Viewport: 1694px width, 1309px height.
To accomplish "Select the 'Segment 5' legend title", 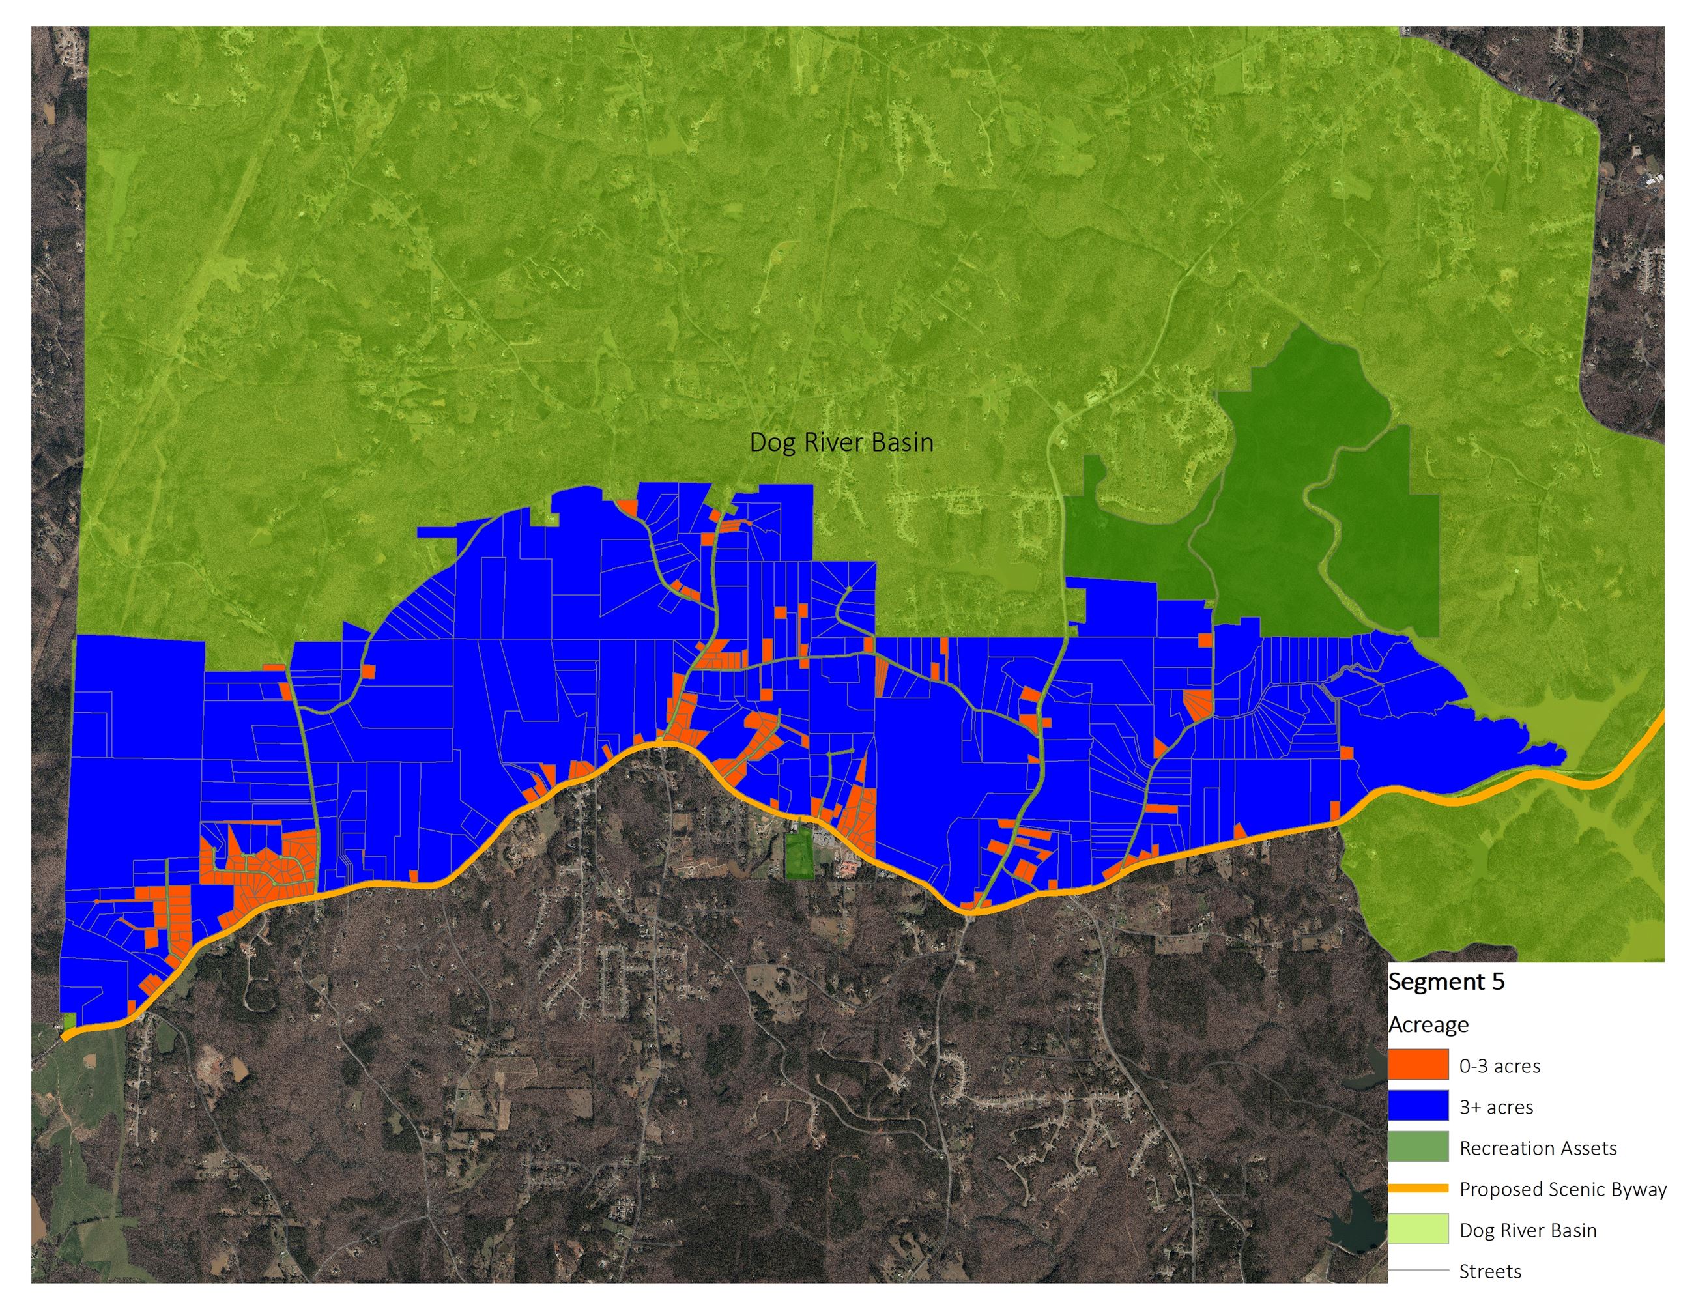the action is point(1446,982).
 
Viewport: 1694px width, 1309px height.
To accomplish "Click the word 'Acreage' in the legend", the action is point(1428,1024).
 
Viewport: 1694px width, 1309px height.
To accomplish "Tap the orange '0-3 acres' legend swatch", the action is point(1418,1064).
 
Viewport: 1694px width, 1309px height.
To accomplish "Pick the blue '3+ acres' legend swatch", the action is point(1418,1105).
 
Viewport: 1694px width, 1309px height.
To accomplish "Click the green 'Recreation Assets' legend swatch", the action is point(1418,1146).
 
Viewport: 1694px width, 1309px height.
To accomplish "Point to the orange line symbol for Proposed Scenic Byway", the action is point(1418,1188).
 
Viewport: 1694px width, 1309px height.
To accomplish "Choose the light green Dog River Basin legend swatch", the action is point(1418,1228).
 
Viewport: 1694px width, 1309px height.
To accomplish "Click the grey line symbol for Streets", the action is point(1418,1270).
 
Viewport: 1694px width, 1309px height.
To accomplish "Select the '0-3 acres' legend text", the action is point(1499,1066).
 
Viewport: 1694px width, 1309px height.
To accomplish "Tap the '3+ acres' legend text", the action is point(1496,1108).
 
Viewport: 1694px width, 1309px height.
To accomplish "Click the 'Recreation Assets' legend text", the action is point(1538,1149).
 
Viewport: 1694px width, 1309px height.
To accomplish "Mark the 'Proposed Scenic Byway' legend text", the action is point(1562,1190).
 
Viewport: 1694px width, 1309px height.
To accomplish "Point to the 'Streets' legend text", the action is point(1490,1272).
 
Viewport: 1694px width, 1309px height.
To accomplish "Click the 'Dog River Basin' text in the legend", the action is point(1527,1231).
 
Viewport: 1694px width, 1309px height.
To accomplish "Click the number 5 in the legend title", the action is point(1497,982).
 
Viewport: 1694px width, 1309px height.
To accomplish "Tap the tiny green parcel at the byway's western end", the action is point(68,1020).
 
